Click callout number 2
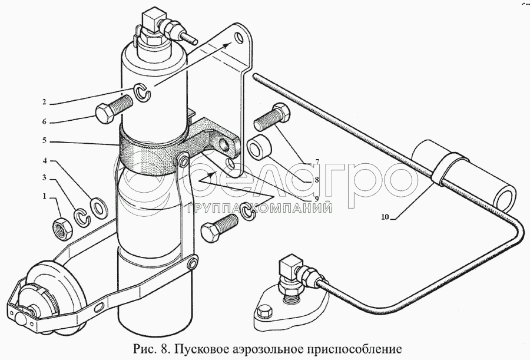point(44,102)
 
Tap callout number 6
point(44,121)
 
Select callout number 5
point(44,140)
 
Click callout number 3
point(44,177)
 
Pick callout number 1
point(44,196)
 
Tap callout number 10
point(385,217)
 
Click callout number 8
point(316,180)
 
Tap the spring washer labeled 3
point(81,217)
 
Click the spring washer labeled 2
point(143,93)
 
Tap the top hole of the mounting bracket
point(240,37)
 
